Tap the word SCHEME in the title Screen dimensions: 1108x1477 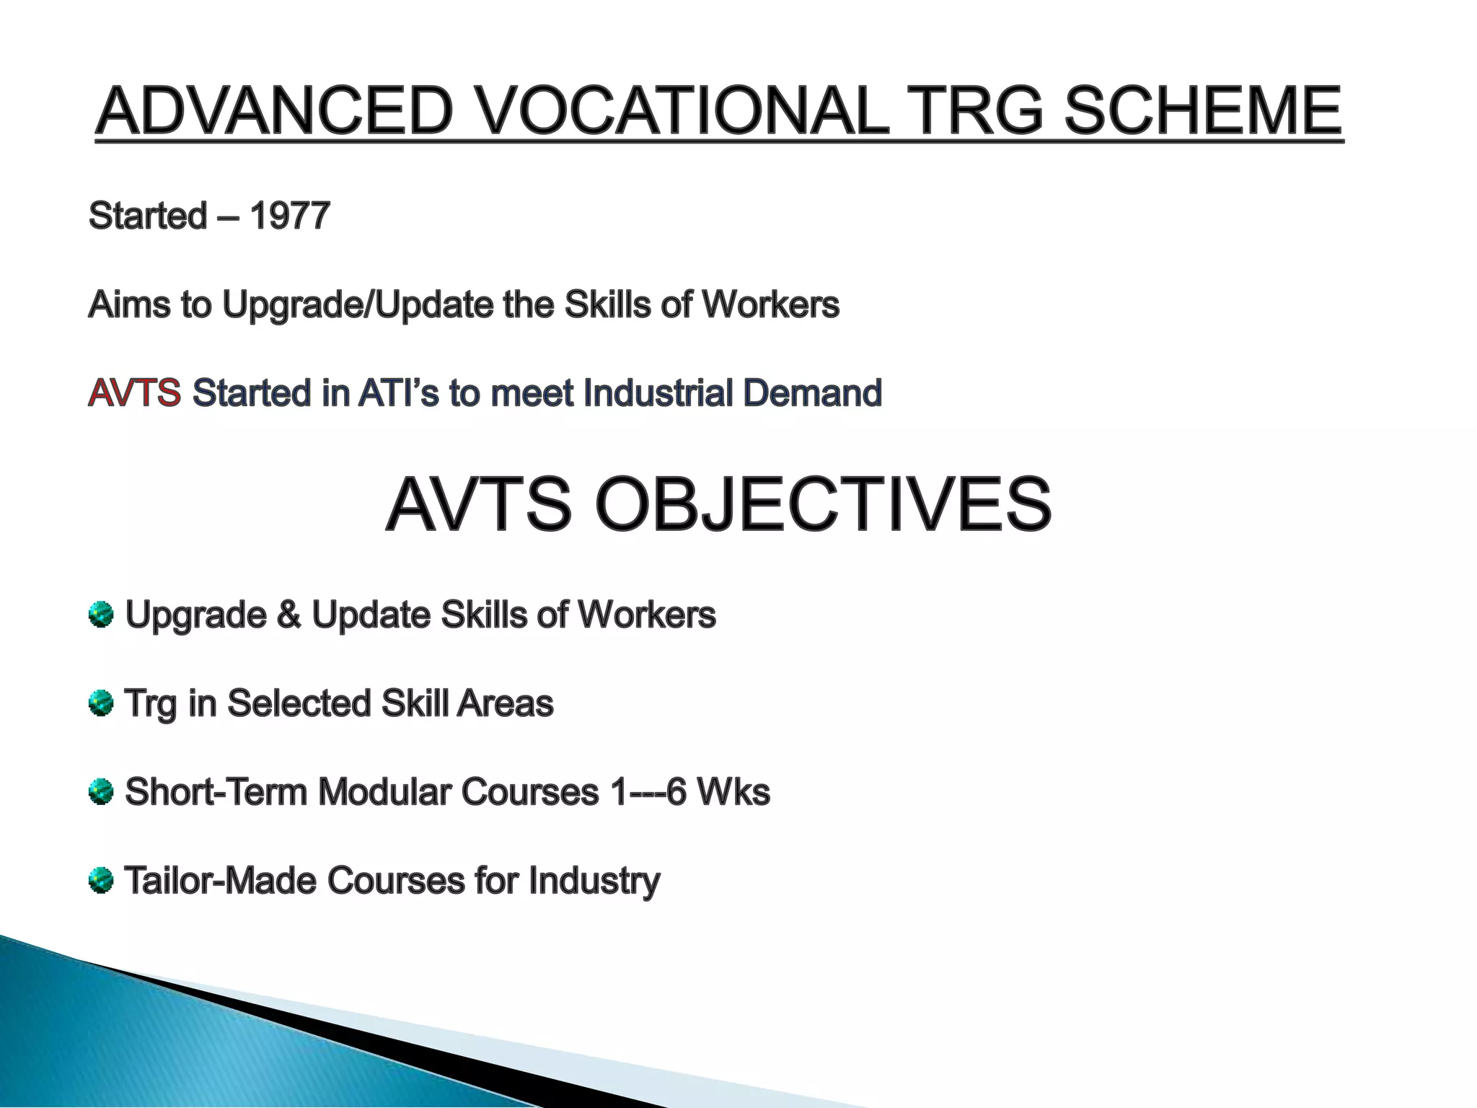(x=1202, y=112)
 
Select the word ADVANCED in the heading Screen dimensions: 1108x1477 (x=275, y=112)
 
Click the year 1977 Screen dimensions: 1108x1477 (x=289, y=216)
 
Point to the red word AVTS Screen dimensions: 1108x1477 (x=134, y=393)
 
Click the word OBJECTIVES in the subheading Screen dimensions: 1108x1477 (x=822, y=504)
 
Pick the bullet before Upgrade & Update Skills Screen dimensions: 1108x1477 (x=101, y=615)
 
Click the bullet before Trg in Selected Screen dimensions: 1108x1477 (x=101, y=703)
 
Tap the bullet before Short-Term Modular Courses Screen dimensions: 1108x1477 (x=101, y=792)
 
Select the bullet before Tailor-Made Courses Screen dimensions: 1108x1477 (x=101, y=881)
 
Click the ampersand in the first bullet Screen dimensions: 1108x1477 (x=288, y=615)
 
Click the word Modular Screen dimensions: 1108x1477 (x=384, y=792)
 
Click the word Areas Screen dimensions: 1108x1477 (x=505, y=703)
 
